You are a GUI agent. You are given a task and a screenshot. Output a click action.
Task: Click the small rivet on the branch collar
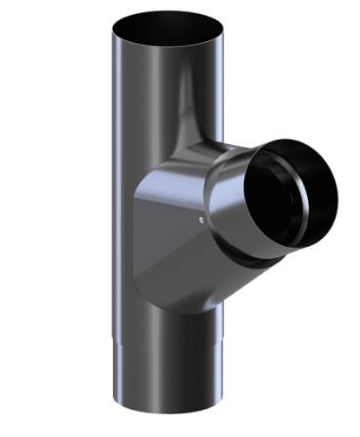[x=200, y=220]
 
